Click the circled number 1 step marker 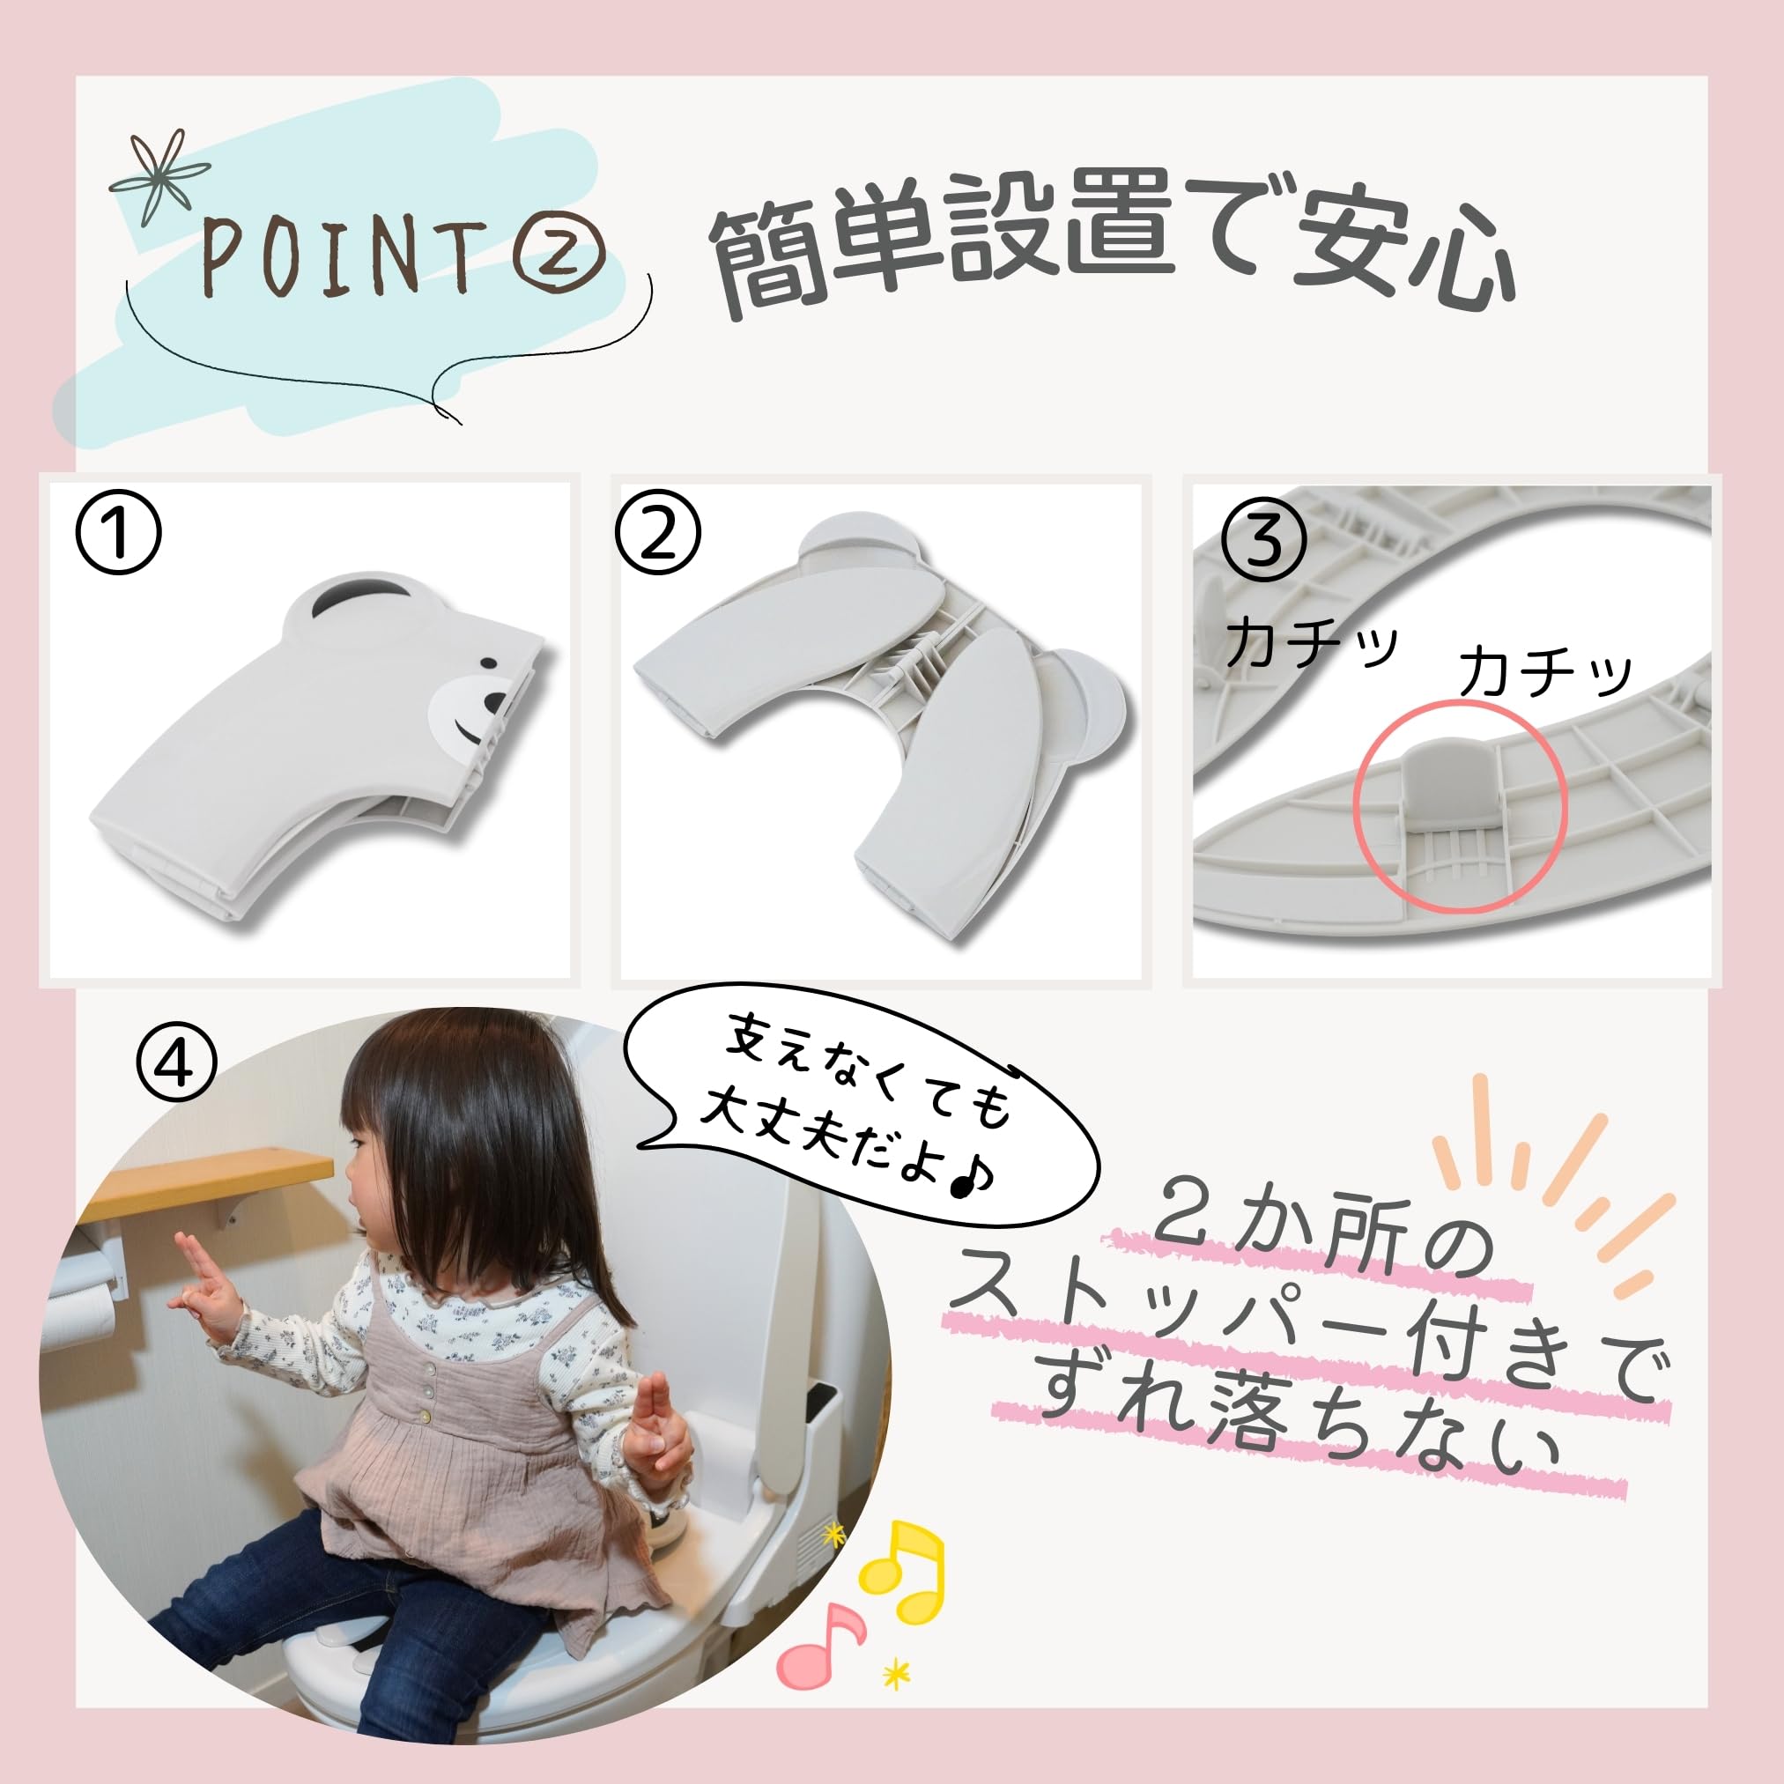(118, 533)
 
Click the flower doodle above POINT (159, 176)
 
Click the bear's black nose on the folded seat (495, 706)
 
